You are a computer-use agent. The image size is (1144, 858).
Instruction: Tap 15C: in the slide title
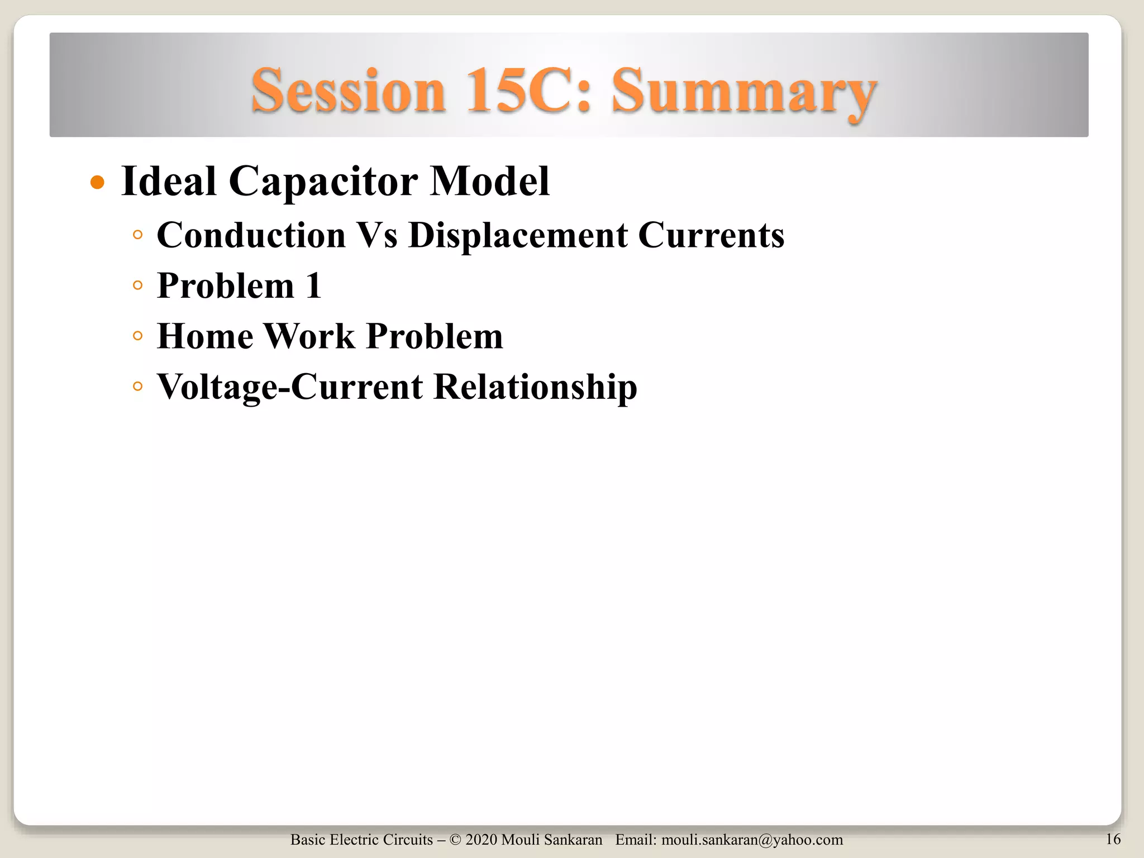coord(528,91)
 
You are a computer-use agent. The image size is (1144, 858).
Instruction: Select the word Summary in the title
coord(744,92)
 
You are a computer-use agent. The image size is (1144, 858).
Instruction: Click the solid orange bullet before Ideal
coord(98,183)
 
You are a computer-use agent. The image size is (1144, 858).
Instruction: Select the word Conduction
coord(251,235)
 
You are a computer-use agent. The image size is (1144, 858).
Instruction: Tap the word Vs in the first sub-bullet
coord(377,235)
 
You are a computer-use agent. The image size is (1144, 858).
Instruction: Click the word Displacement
coord(518,235)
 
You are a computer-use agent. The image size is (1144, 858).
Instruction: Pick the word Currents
coord(711,235)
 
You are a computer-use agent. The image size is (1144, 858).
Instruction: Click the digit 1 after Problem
coord(313,285)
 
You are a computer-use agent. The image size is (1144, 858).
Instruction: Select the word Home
coord(205,336)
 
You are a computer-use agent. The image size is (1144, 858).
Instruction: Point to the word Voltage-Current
coord(290,387)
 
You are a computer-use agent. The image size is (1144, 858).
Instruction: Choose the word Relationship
coord(535,387)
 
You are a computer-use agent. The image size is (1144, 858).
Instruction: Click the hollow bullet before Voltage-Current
coord(138,387)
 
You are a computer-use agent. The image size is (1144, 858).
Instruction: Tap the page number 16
coord(1113,839)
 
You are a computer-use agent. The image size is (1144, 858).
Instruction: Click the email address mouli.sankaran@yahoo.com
coord(752,840)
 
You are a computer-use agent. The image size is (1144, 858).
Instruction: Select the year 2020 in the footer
coord(481,840)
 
